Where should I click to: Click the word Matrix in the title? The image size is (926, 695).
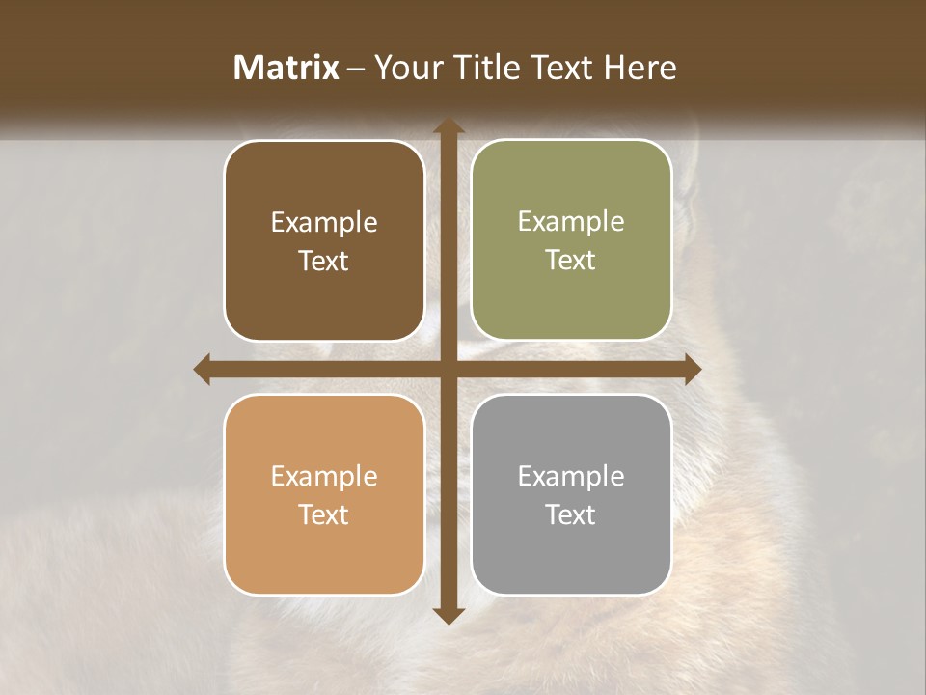[286, 68]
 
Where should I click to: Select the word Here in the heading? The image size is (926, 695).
[640, 68]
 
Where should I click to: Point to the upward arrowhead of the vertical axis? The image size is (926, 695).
[448, 125]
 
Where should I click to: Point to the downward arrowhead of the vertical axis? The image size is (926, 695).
[448, 615]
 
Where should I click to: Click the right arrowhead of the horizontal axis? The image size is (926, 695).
[692, 369]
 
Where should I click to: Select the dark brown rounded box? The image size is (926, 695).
[324, 240]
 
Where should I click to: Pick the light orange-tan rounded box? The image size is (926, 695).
[324, 494]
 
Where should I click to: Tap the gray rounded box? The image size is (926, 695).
[571, 494]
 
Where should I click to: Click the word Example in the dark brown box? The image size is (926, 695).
[324, 223]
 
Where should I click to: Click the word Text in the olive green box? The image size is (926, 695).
[571, 260]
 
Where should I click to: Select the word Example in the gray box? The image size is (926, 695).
[571, 476]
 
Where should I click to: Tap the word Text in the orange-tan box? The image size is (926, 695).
[324, 514]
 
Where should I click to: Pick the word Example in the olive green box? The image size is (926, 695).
[571, 221]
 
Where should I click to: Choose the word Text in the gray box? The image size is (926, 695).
[571, 514]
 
